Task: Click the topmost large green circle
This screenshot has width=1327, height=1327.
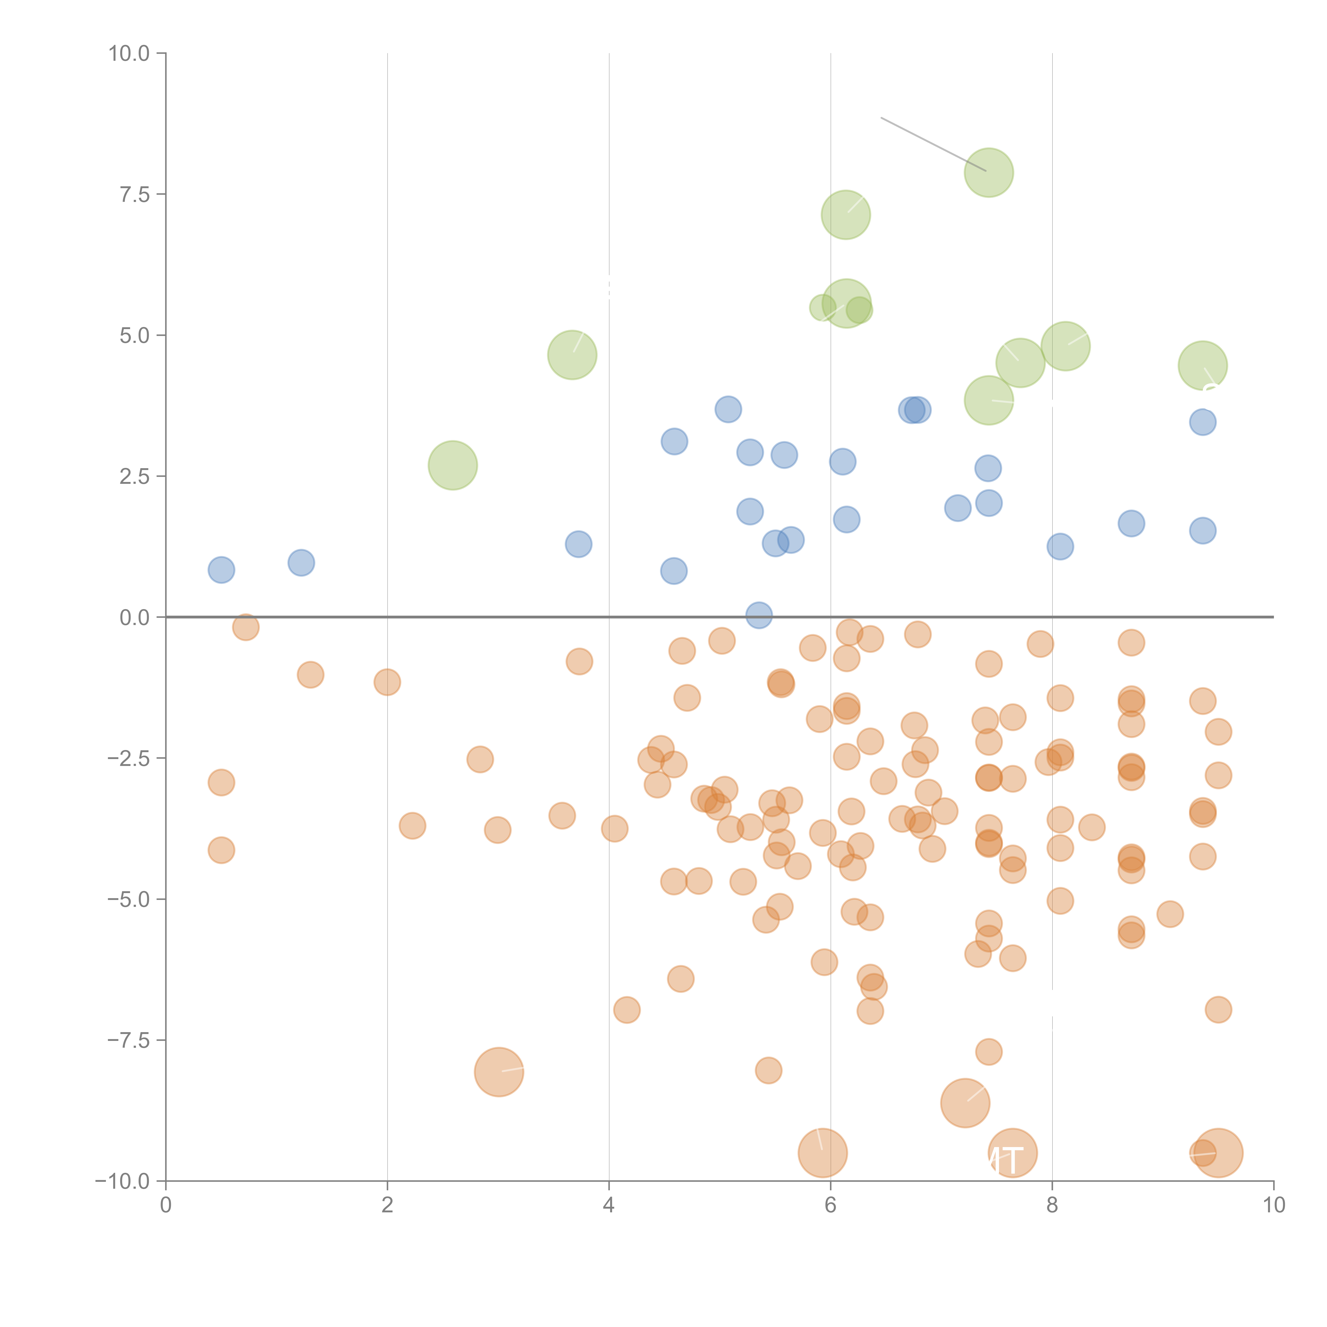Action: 988,173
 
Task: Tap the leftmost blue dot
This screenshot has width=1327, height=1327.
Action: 221,569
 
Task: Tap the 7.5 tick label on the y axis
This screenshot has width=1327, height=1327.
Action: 135,194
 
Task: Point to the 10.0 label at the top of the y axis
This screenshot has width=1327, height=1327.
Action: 129,54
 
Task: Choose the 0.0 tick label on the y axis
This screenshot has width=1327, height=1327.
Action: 135,618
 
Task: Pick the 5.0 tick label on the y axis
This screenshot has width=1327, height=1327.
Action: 135,335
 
